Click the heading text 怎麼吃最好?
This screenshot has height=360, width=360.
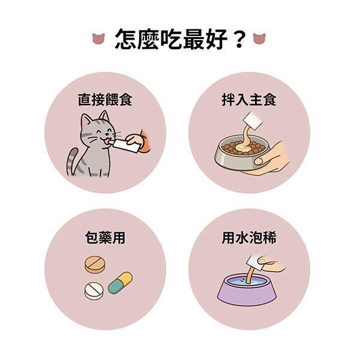pos(181,39)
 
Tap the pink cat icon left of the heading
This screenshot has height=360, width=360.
pos(98,38)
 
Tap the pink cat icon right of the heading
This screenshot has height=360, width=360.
pos(259,38)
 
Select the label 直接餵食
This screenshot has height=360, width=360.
pos(105,100)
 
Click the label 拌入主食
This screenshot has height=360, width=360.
pos(249,100)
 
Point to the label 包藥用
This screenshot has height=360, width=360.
pos(105,238)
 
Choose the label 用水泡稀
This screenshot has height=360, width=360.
pos(249,238)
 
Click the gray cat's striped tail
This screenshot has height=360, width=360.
pos(71,161)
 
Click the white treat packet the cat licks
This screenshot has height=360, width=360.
pos(126,146)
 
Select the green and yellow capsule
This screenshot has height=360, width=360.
pos(120,283)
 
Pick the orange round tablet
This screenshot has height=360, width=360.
pos(95,265)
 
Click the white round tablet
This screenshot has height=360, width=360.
pos(94,290)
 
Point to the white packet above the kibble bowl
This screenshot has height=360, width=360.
pos(253,121)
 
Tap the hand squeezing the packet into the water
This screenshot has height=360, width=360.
pos(272,264)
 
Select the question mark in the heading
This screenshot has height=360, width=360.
pos(239,40)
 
